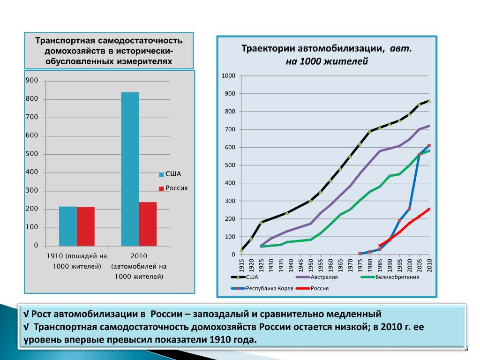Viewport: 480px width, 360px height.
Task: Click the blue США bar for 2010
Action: [x=130, y=169]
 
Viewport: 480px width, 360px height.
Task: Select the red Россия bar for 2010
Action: [x=148, y=224]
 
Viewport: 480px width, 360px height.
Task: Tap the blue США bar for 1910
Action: [x=68, y=226]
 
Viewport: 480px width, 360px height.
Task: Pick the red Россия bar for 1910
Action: [x=86, y=226]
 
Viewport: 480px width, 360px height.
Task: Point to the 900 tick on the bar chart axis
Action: [x=32, y=81]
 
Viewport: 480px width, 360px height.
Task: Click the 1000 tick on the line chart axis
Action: [x=229, y=76]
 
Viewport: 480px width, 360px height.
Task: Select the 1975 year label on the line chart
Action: [x=360, y=265]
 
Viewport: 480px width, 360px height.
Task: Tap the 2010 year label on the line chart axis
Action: [x=429, y=265]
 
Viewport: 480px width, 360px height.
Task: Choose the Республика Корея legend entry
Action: [x=270, y=288]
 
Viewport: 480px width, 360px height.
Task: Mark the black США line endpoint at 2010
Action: [x=429, y=101]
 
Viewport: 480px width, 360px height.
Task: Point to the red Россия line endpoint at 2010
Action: [x=429, y=209]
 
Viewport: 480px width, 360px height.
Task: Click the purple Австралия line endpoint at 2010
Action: [x=429, y=126]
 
